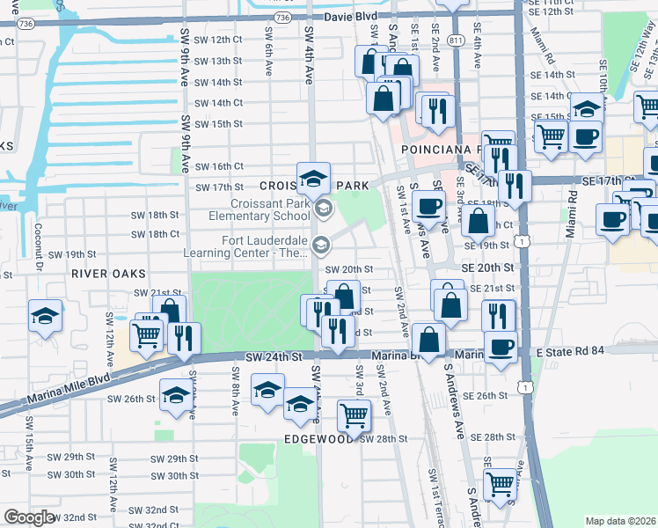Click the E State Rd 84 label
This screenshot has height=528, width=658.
[x=570, y=351]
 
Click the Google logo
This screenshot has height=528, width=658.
[x=29, y=517]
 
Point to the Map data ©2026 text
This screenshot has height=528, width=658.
[x=620, y=521]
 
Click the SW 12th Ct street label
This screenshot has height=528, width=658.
[x=217, y=40]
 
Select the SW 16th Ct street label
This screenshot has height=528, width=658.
[x=218, y=166]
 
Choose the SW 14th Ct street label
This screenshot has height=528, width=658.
[x=218, y=103]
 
